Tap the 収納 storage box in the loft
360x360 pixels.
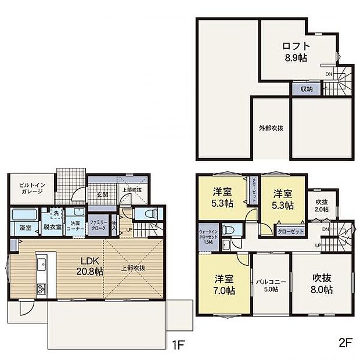click(307, 89)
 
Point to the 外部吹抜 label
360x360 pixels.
click(271, 128)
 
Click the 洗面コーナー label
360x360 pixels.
click(75, 224)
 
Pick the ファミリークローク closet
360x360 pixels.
click(97, 224)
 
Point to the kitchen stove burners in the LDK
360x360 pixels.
click(41, 288)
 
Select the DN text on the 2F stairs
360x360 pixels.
click(327, 230)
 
